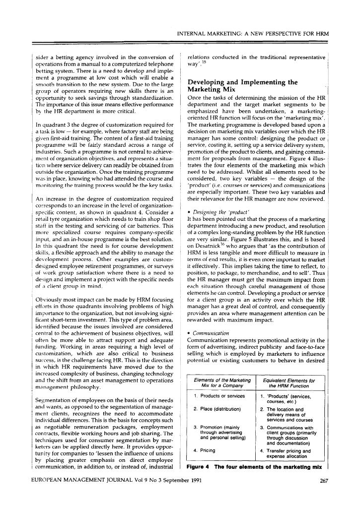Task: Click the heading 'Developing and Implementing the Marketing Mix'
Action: [x=242, y=86]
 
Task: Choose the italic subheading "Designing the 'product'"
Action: [x=211, y=210]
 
